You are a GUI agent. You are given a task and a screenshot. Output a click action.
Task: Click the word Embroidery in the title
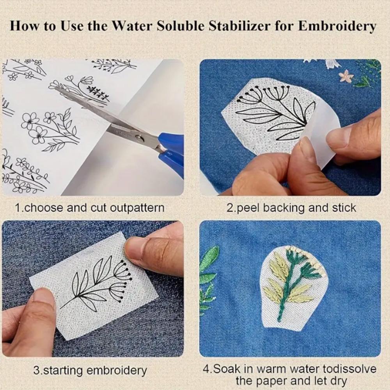[338, 26]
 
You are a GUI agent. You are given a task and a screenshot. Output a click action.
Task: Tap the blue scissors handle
[172, 150]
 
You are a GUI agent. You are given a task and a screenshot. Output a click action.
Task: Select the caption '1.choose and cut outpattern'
[89, 207]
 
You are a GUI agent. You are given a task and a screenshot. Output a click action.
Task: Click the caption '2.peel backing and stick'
[291, 207]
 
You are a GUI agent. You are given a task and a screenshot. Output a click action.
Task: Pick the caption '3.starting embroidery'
[90, 370]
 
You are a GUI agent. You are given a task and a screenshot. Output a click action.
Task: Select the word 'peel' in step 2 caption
[248, 207]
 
